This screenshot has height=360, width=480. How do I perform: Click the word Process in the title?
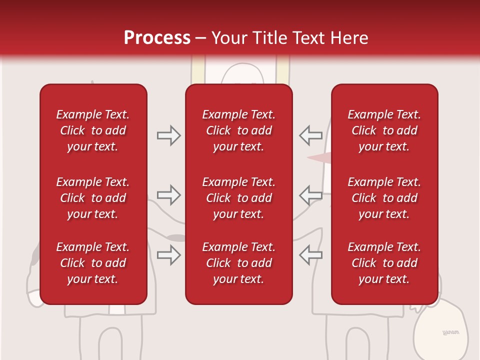(x=157, y=38)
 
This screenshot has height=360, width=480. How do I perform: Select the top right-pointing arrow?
(x=169, y=135)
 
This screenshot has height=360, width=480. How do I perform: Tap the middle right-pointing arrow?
(x=169, y=195)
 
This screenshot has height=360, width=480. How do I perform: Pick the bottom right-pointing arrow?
(x=169, y=255)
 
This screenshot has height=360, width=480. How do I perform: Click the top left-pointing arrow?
(x=310, y=135)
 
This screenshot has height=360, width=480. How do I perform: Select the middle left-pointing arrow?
(x=310, y=195)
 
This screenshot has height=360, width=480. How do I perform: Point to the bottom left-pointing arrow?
(x=310, y=255)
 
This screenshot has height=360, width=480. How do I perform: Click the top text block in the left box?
(x=93, y=130)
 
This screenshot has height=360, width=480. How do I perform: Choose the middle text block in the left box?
(x=93, y=198)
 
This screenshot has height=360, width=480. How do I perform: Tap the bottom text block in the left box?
(x=93, y=263)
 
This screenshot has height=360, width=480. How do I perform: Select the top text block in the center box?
(x=238, y=130)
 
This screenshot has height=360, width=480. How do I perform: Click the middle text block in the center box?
(x=238, y=198)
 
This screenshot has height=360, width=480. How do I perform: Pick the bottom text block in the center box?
(x=238, y=263)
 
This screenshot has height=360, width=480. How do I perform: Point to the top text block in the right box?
(x=384, y=130)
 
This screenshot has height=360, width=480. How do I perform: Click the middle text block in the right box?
(x=384, y=198)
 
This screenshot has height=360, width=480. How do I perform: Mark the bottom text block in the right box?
(x=384, y=263)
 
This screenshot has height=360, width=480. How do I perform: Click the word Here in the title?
(x=349, y=38)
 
